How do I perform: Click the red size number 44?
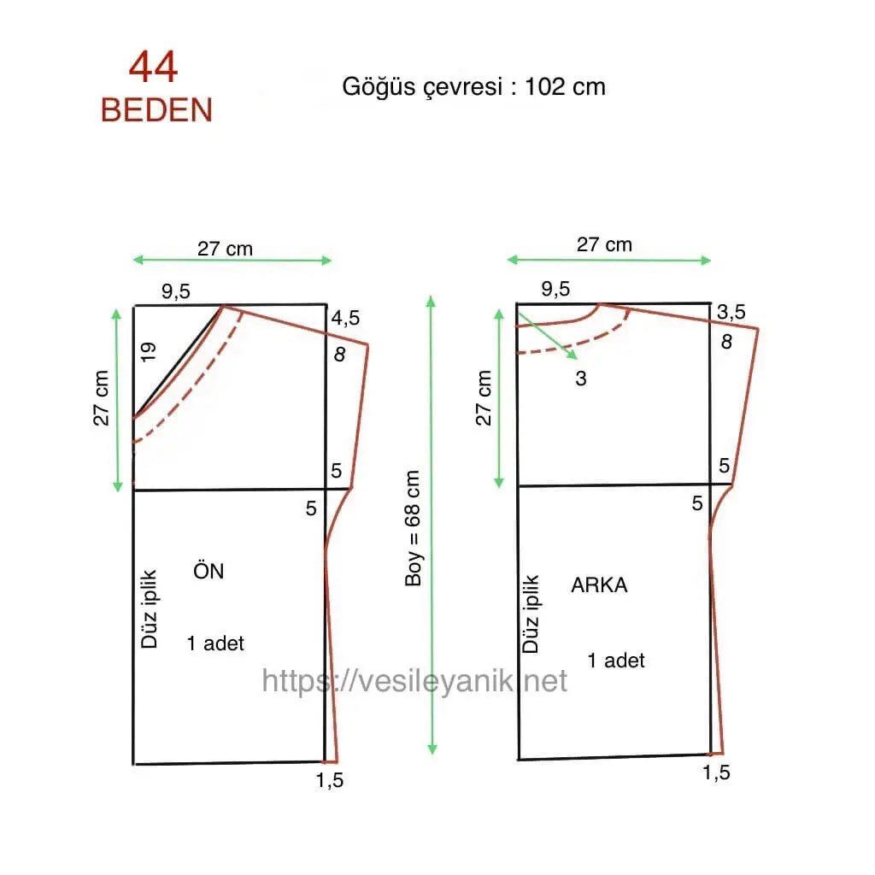coord(154,68)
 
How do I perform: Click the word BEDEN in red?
coord(157,110)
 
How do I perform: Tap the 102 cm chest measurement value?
coord(565,87)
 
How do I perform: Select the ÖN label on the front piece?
coord(208,570)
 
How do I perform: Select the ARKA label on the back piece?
coord(599,584)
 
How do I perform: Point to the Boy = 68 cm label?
coord(413,528)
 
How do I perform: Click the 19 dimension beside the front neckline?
coord(148,352)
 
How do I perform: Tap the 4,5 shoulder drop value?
coord(345,318)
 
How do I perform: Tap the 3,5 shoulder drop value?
coord(731,312)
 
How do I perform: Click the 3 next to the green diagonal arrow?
coord(581,379)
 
